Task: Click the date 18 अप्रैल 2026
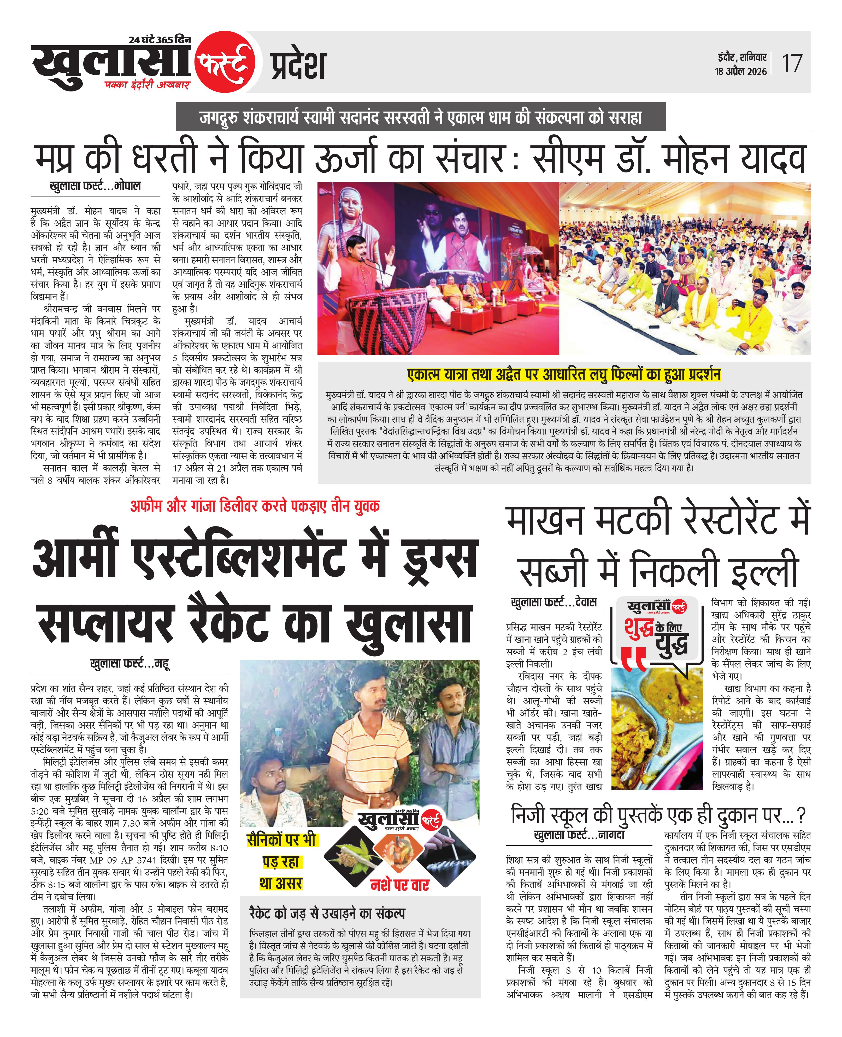[741, 71]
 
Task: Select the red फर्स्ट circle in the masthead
[225, 63]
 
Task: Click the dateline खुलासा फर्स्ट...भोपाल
[95, 186]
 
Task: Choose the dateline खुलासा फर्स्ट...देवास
[554, 602]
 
